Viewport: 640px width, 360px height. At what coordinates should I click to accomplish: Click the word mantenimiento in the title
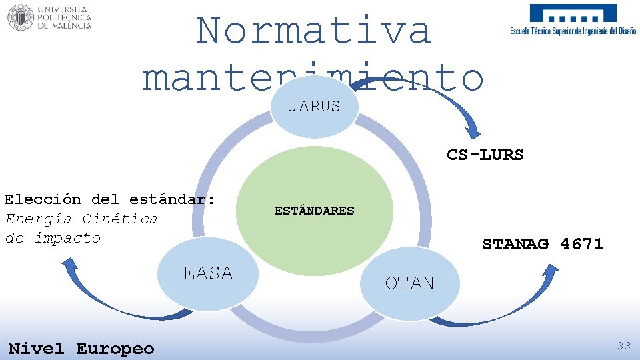312,78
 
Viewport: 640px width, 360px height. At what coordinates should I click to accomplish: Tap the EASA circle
208,274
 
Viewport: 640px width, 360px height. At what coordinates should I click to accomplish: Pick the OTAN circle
409,284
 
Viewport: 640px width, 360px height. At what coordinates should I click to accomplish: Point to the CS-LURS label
485,155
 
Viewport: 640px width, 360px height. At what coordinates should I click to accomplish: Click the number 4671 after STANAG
582,244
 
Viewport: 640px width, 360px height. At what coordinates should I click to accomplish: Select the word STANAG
515,244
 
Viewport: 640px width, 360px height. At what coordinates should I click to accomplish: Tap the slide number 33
623,345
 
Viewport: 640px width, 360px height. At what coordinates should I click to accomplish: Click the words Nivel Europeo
81,349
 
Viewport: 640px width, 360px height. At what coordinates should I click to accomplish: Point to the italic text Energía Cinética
81,219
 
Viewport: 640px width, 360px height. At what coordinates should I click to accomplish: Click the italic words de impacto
53,238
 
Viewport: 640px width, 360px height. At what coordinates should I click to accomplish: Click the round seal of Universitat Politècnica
20,17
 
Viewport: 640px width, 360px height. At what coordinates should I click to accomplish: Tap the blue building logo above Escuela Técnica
573,14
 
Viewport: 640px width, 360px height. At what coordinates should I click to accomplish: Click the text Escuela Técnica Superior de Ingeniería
573,31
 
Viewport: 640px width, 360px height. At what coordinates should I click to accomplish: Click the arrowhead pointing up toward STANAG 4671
551,271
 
